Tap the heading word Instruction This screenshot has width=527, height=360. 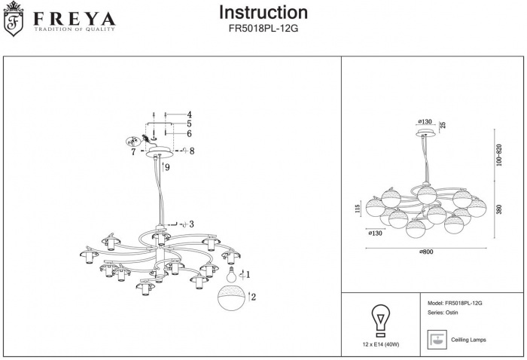click(x=263, y=13)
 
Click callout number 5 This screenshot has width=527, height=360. click(x=190, y=124)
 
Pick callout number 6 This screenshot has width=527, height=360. click(x=190, y=133)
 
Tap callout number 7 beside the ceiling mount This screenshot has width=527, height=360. click(x=133, y=152)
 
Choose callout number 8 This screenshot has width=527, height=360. click(x=193, y=151)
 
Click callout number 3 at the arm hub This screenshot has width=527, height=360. click(x=192, y=224)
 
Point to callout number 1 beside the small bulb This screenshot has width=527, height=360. click(x=248, y=275)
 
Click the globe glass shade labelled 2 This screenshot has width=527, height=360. click(x=232, y=298)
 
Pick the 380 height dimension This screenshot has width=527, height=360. click(x=498, y=209)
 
